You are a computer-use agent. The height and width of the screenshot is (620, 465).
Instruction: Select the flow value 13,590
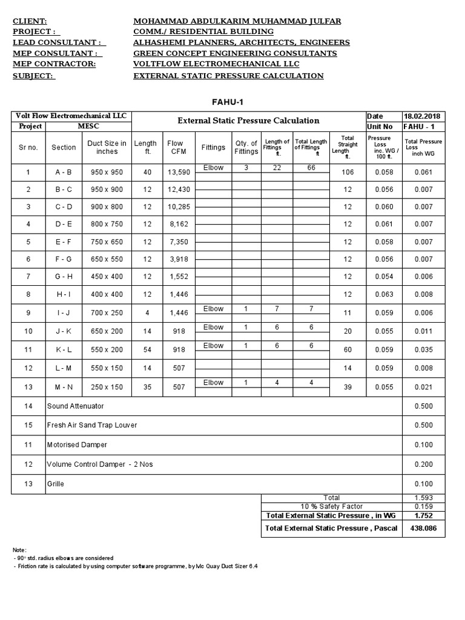(179, 173)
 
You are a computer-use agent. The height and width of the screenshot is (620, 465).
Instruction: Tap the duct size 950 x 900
(107, 190)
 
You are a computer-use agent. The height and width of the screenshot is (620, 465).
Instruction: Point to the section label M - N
(64, 387)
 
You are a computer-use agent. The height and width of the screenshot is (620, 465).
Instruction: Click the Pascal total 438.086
(424, 529)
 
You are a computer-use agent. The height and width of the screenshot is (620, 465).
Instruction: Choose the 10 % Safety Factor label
(331, 506)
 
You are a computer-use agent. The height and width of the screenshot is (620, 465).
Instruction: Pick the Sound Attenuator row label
(76, 406)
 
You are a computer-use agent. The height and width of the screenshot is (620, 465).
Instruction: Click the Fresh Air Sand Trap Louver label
(92, 425)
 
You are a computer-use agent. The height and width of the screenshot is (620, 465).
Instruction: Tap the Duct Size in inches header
(107, 147)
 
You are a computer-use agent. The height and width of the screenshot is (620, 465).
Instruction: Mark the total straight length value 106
(347, 173)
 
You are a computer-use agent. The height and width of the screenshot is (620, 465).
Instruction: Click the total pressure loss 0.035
(424, 350)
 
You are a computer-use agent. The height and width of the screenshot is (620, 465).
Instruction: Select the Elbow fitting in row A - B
(213, 168)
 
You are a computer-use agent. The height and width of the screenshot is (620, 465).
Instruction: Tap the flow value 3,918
(179, 259)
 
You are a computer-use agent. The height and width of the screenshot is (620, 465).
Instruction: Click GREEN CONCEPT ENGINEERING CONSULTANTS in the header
(235, 53)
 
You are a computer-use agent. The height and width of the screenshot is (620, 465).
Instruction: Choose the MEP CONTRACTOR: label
(54, 64)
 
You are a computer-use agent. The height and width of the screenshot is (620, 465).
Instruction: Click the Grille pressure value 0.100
(424, 484)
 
